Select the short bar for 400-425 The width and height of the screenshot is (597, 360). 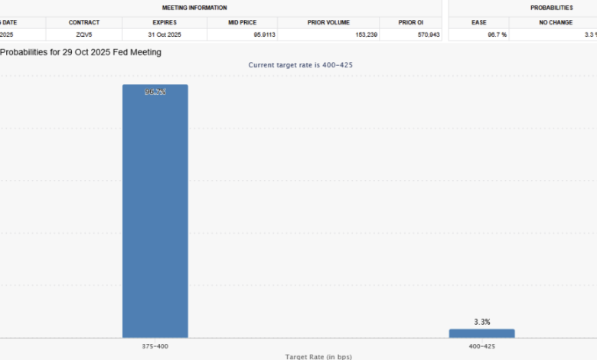pyautogui.click(x=481, y=333)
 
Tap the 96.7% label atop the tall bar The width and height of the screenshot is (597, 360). pyautogui.click(x=155, y=92)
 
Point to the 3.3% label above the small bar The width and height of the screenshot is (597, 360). pyautogui.click(x=481, y=322)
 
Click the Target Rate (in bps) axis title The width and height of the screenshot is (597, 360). pyautogui.click(x=318, y=356)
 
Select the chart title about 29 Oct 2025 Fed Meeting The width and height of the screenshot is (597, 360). pyautogui.click(x=80, y=52)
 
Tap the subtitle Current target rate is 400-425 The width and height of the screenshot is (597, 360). pyautogui.click(x=300, y=65)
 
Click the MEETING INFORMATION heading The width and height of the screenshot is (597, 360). pyautogui.click(x=194, y=8)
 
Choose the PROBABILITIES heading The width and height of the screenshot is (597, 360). pyautogui.click(x=551, y=8)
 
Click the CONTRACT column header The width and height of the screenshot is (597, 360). pyautogui.click(x=84, y=22)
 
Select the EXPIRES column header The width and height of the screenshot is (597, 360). pyautogui.click(x=165, y=22)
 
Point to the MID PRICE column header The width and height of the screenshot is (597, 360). pyautogui.click(x=242, y=22)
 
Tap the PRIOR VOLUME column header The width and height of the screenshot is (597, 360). pyautogui.click(x=328, y=22)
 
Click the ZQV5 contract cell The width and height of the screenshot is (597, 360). pyautogui.click(x=84, y=34)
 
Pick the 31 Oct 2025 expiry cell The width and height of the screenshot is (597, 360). pyautogui.click(x=165, y=34)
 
